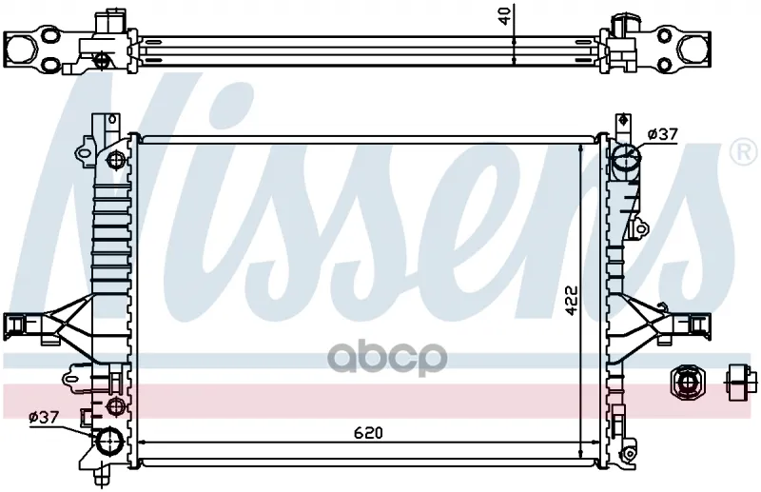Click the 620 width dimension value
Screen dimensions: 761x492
tap(368, 432)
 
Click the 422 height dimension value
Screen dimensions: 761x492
tap(573, 300)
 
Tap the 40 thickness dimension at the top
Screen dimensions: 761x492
tap(505, 16)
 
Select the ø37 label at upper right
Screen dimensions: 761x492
tap(662, 133)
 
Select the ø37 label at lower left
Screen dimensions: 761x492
tap(44, 417)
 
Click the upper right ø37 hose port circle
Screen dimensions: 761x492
tap(626, 156)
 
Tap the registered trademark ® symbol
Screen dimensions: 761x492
tap(744, 153)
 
